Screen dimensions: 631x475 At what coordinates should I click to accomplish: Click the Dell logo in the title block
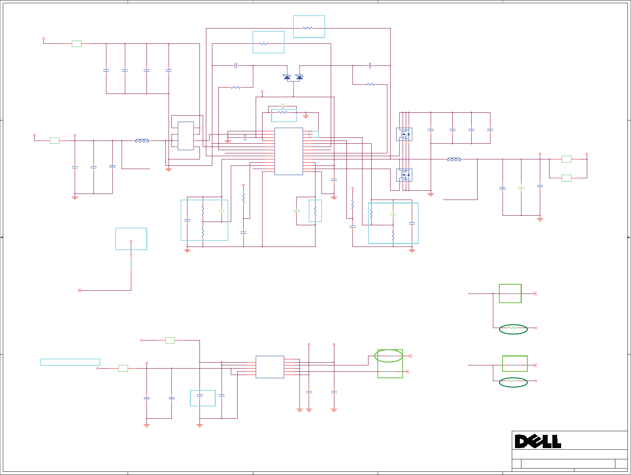pyautogui.click(x=538, y=441)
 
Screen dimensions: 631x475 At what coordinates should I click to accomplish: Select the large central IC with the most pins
pyautogui.click(x=289, y=151)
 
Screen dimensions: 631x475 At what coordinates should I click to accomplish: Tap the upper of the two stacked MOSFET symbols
pyautogui.click(x=404, y=134)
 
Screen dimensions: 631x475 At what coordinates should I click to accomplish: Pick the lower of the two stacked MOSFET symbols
pyautogui.click(x=404, y=175)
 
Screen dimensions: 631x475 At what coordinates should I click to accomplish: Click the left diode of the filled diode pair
pyautogui.click(x=287, y=77)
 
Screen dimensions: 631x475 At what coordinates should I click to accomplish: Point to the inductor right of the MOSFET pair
pyautogui.click(x=454, y=159)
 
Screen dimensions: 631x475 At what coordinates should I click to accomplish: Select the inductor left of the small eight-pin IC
pyautogui.click(x=142, y=141)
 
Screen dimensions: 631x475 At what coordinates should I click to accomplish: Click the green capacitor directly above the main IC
pyautogui.click(x=283, y=106)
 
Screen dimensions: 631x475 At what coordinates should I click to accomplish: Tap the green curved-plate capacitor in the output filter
pyautogui.click(x=521, y=188)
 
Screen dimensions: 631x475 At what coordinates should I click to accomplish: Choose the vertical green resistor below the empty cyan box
pyautogui.click(x=131, y=263)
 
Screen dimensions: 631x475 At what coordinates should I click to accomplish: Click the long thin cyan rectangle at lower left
pyautogui.click(x=70, y=362)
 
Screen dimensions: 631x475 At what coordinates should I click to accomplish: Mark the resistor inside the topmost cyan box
pyautogui.click(x=307, y=28)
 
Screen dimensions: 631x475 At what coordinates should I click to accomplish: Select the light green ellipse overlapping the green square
pyautogui.click(x=389, y=356)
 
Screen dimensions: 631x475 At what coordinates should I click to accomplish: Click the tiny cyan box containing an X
pyautogui.click(x=315, y=135)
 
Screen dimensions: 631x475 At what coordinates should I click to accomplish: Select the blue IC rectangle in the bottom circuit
pyautogui.click(x=270, y=367)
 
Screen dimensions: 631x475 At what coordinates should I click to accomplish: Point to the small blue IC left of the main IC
pyautogui.click(x=185, y=136)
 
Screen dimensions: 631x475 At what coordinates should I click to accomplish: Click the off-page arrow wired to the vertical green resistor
pyautogui.click(x=79, y=290)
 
